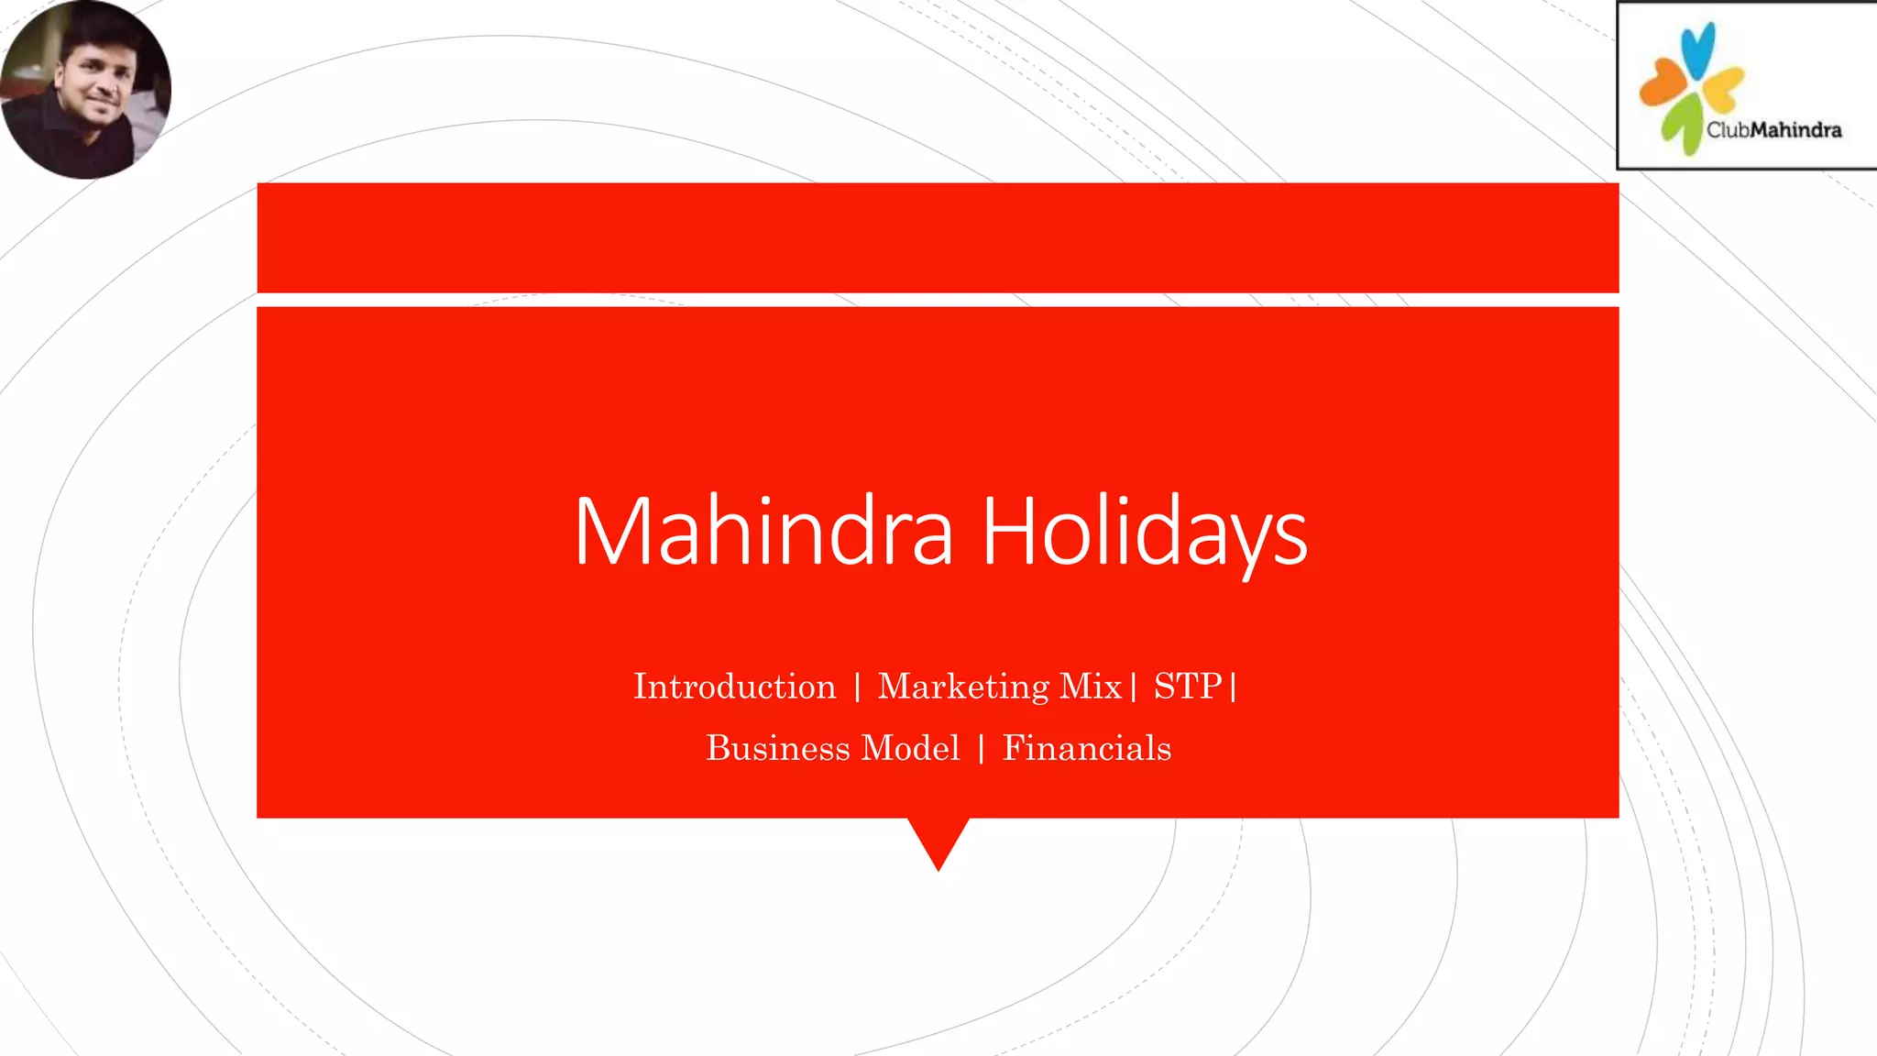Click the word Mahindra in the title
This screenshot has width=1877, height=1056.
click(x=763, y=531)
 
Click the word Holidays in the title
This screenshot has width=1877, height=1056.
click(x=1144, y=531)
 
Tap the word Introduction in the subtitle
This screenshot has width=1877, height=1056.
click(x=734, y=687)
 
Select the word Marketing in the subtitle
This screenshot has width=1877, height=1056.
click(x=963, y=687)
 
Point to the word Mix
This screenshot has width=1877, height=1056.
click(x=1091, y=687)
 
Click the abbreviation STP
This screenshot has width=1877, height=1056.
click(x=1188, y=687)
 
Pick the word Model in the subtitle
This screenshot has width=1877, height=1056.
click(x=911, y=748)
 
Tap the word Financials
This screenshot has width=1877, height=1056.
click(x=1086, y=748)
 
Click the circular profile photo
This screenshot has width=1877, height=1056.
click(x=85, y=89)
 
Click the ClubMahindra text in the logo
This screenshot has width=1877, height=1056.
click(x=1773, y=130)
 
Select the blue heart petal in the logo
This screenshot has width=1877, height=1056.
click(x=1697, y=49)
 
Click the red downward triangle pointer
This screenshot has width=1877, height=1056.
click(x=938, y=839)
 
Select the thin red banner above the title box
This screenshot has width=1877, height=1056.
click(x=938, y=237)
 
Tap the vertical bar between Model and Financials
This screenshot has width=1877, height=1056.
click(x=982, y=749)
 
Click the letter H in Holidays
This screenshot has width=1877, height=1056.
click(x=1007, y=531)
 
